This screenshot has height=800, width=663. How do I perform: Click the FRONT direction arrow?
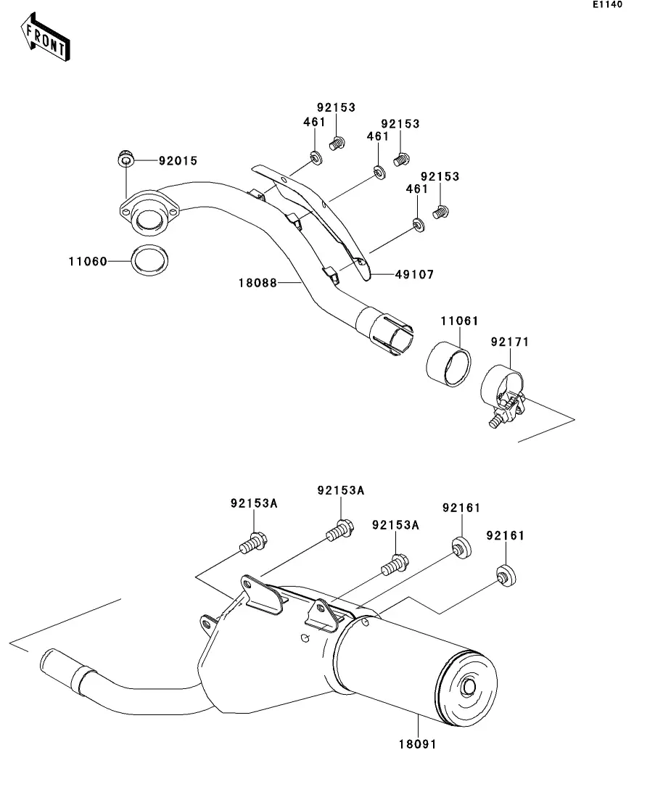click(x=45, y=37)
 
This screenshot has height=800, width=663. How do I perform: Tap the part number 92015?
click(x=178, y=161)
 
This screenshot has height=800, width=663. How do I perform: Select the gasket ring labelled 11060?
click(x=149, y=260)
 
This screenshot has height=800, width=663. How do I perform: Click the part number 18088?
click(x=258, y=283)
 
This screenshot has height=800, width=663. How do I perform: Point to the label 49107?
click(x=414, y=274)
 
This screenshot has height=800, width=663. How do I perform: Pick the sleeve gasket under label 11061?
click(x=448, y=363)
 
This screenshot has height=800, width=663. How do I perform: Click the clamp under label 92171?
click(x=503, y=395)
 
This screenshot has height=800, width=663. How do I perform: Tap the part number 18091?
click(x=418, y=744)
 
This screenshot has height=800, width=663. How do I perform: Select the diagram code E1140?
click(x=607, y=4)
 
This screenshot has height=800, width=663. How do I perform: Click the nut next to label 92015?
click(x=125, y=158)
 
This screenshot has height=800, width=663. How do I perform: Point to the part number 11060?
click(x=88, y=262)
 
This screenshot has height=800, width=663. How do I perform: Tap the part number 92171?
click(x=510, y=342)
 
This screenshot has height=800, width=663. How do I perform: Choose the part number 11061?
click(x=459, y=321)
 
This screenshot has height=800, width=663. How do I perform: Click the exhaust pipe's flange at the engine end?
click(x=149, y=213)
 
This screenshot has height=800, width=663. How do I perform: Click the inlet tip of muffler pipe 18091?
click(x=49, y=661)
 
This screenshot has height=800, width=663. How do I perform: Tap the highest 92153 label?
click(x=336, y=107)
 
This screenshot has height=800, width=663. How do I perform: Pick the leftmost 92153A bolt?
click(x=253, y=543)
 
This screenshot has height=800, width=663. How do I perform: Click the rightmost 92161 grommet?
click(x=506, y=575)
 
